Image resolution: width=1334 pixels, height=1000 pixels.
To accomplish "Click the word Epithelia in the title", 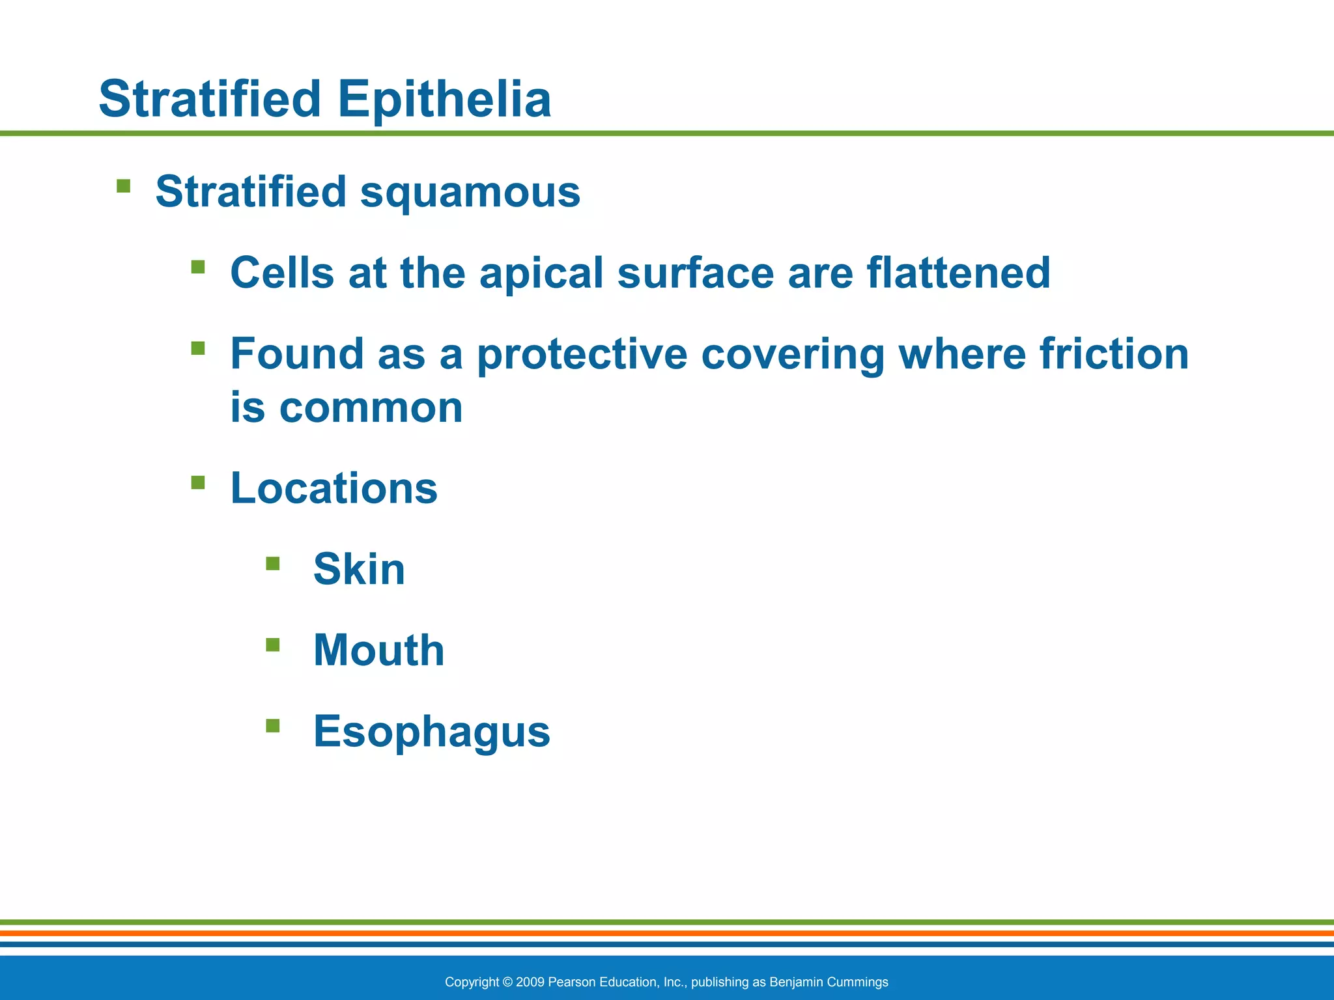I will pos(444,100).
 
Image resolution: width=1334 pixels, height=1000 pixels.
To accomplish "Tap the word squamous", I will pos(470,193).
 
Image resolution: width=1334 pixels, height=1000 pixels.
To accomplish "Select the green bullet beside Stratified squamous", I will pos(123,187).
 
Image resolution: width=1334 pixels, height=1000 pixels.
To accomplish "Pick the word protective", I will pos(582,354).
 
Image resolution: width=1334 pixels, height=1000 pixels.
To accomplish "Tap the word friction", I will pos(1113,354).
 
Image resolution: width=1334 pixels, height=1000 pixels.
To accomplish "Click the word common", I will pos(371,409).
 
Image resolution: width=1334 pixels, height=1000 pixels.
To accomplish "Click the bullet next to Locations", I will pos(198,482).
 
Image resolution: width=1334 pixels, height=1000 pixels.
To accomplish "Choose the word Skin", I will pos(359,570).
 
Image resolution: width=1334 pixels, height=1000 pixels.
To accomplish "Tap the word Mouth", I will pos(378,650).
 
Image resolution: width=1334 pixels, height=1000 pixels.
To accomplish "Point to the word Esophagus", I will pos(431,732).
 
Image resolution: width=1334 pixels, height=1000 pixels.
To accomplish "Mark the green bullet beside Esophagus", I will pos(273,725).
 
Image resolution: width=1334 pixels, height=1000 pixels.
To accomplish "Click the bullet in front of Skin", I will pos(273,563).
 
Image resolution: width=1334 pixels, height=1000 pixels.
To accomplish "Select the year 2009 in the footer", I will pos(530,982).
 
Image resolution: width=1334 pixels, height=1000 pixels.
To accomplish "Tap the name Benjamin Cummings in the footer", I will pos(829,982).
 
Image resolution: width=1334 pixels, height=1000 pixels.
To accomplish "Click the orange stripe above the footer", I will pos(667,933).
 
